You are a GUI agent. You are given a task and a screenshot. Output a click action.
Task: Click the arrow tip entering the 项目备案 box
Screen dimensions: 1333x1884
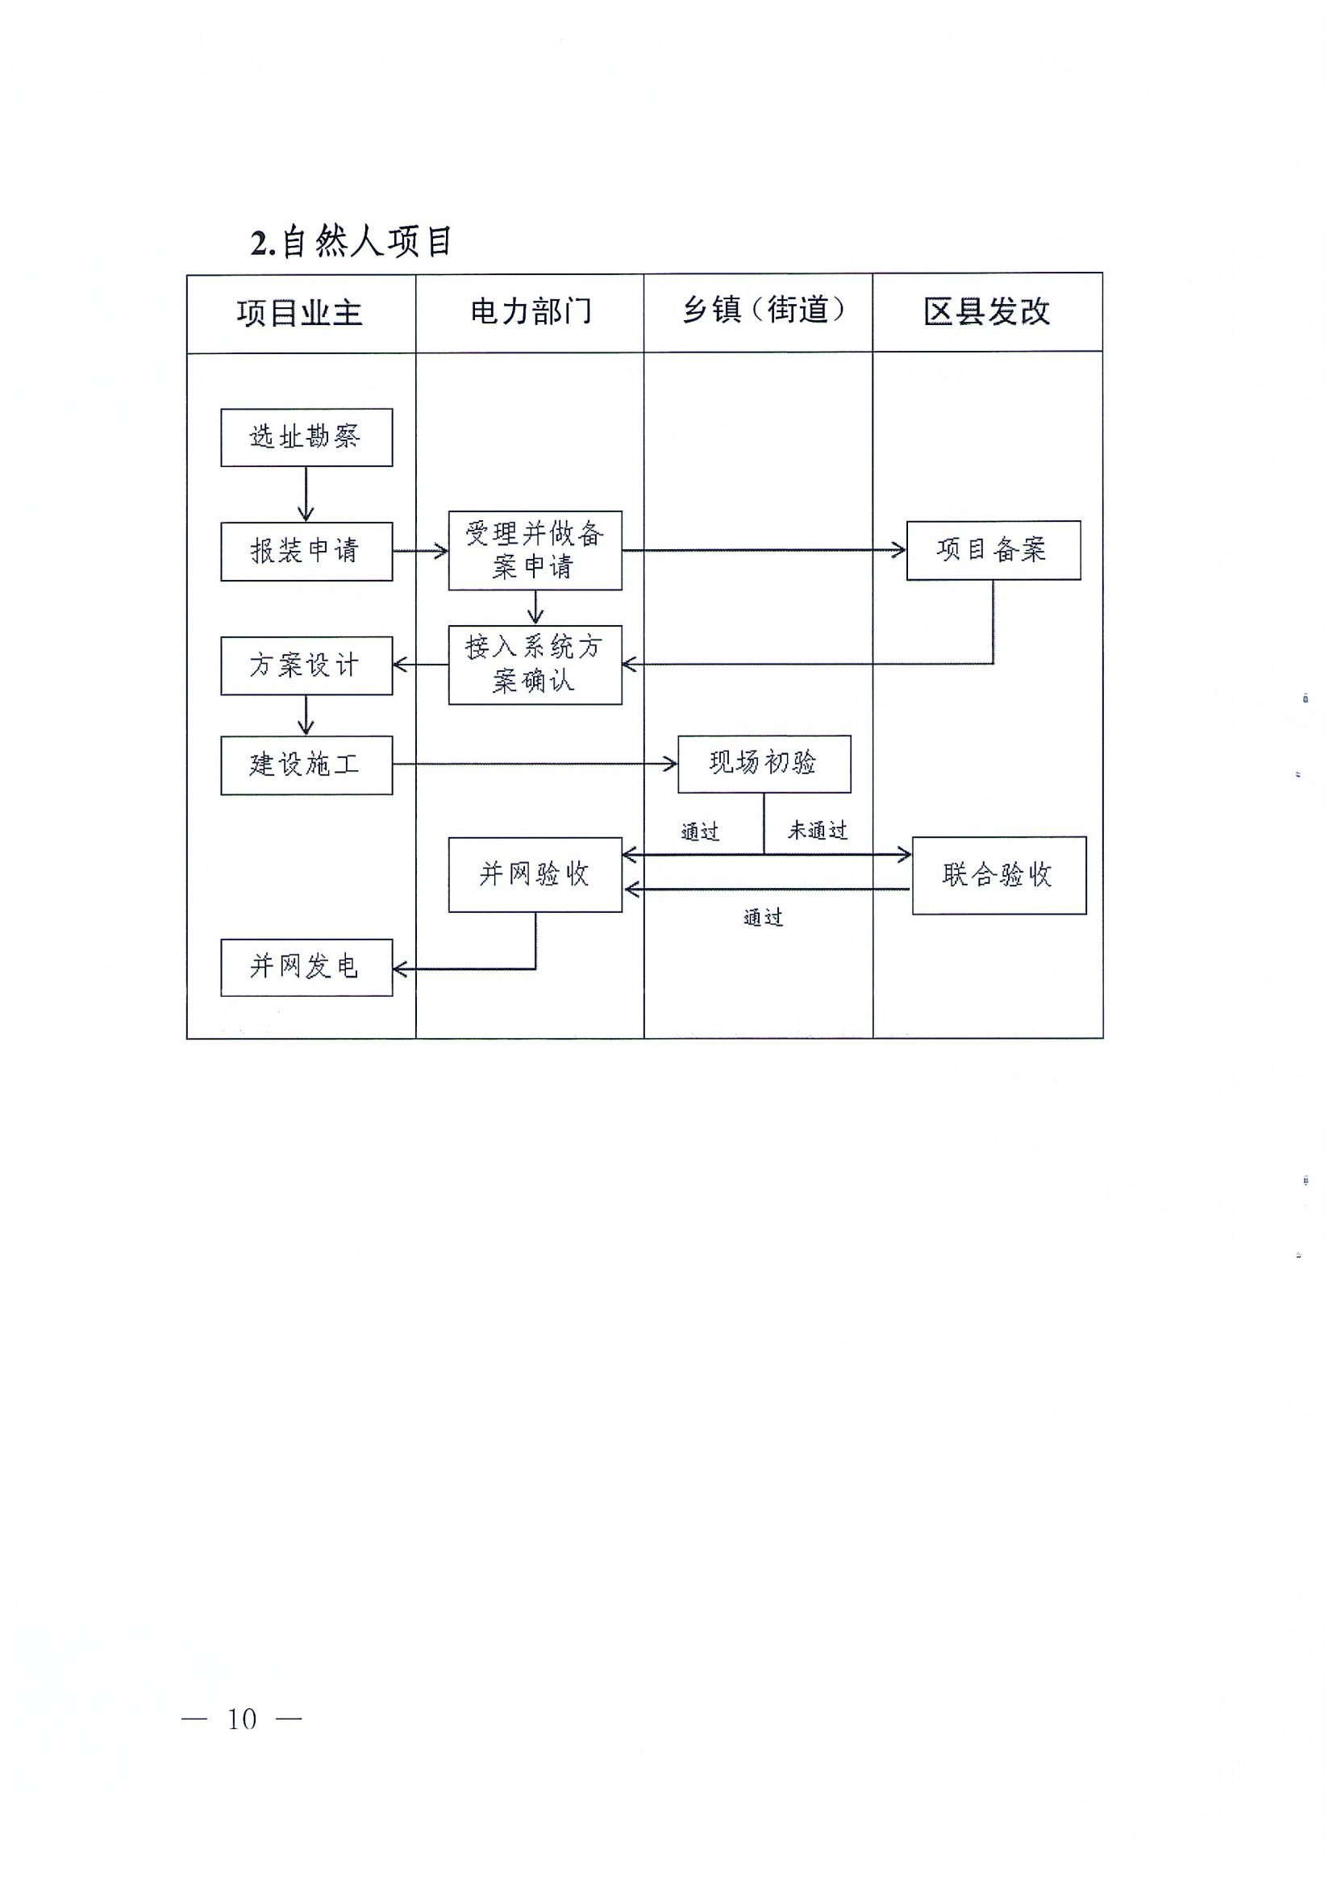click(906, 550)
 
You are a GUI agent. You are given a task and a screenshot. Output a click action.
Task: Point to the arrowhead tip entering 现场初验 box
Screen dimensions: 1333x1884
click(677, 765)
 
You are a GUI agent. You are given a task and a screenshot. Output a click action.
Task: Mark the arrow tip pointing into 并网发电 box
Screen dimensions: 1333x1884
click(394, 969)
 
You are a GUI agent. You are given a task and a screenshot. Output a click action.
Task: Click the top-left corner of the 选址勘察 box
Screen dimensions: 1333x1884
click(222, 410)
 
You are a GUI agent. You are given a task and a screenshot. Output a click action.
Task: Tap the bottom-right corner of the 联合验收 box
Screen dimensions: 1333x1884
click(1086, 914)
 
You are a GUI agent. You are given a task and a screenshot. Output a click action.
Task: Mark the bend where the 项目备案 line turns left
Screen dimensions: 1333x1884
click(994, 663)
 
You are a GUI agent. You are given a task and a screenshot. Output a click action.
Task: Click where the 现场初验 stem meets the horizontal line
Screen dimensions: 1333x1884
click(764, 855)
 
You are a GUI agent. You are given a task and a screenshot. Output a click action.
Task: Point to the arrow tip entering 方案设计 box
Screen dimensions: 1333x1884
click(394, 665)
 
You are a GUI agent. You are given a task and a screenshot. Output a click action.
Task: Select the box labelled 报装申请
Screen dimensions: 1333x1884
click(307, 552)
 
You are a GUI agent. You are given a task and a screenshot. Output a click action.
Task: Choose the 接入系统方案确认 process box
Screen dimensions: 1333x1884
click(535, 665)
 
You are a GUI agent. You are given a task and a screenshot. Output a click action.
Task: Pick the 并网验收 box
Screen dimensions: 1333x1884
click(535, 874)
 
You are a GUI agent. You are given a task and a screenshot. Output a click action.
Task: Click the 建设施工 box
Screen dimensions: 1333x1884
click(307, 765)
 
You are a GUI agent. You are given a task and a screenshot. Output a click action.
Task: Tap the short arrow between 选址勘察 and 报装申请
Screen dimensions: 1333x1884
click(306, 494)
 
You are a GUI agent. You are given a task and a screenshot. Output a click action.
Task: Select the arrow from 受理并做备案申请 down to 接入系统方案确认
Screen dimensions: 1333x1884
click(536, 607)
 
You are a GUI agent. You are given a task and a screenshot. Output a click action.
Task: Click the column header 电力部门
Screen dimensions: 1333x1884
click(531, 312)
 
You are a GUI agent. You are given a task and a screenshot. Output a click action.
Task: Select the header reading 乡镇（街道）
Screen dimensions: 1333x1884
click(764, 311)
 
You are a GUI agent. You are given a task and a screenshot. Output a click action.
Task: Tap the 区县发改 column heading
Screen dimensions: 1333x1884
click(986, 311)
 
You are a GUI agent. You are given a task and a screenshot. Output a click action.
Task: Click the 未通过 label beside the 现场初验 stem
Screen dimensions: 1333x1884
click(818, 831)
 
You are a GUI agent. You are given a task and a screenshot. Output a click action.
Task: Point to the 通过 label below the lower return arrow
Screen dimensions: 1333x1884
click(764, 918)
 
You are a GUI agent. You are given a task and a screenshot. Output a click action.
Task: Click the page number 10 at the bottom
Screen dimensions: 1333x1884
click(242, 1718)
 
